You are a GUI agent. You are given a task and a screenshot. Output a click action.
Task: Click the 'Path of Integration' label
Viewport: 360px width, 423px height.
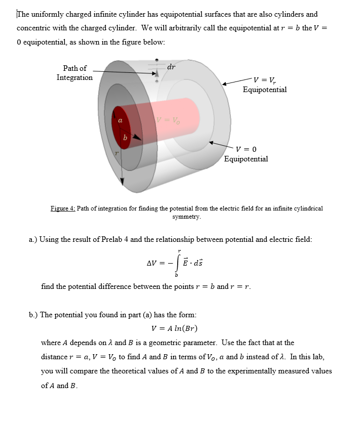pyautogui.click(x=74, y=73)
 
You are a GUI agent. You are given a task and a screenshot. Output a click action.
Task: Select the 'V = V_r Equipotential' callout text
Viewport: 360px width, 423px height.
pyautogui.click(x=264, y=84)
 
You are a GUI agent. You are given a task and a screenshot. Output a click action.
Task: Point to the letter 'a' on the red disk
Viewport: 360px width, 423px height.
pyautogui.click(x=120, y=121)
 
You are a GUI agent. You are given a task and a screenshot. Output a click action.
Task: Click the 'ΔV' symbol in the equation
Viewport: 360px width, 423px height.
pyautogui.click(x=152, y=264)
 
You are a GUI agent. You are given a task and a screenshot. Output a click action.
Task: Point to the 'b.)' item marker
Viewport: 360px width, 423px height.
pyautogui.click(x=33, y=315)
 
